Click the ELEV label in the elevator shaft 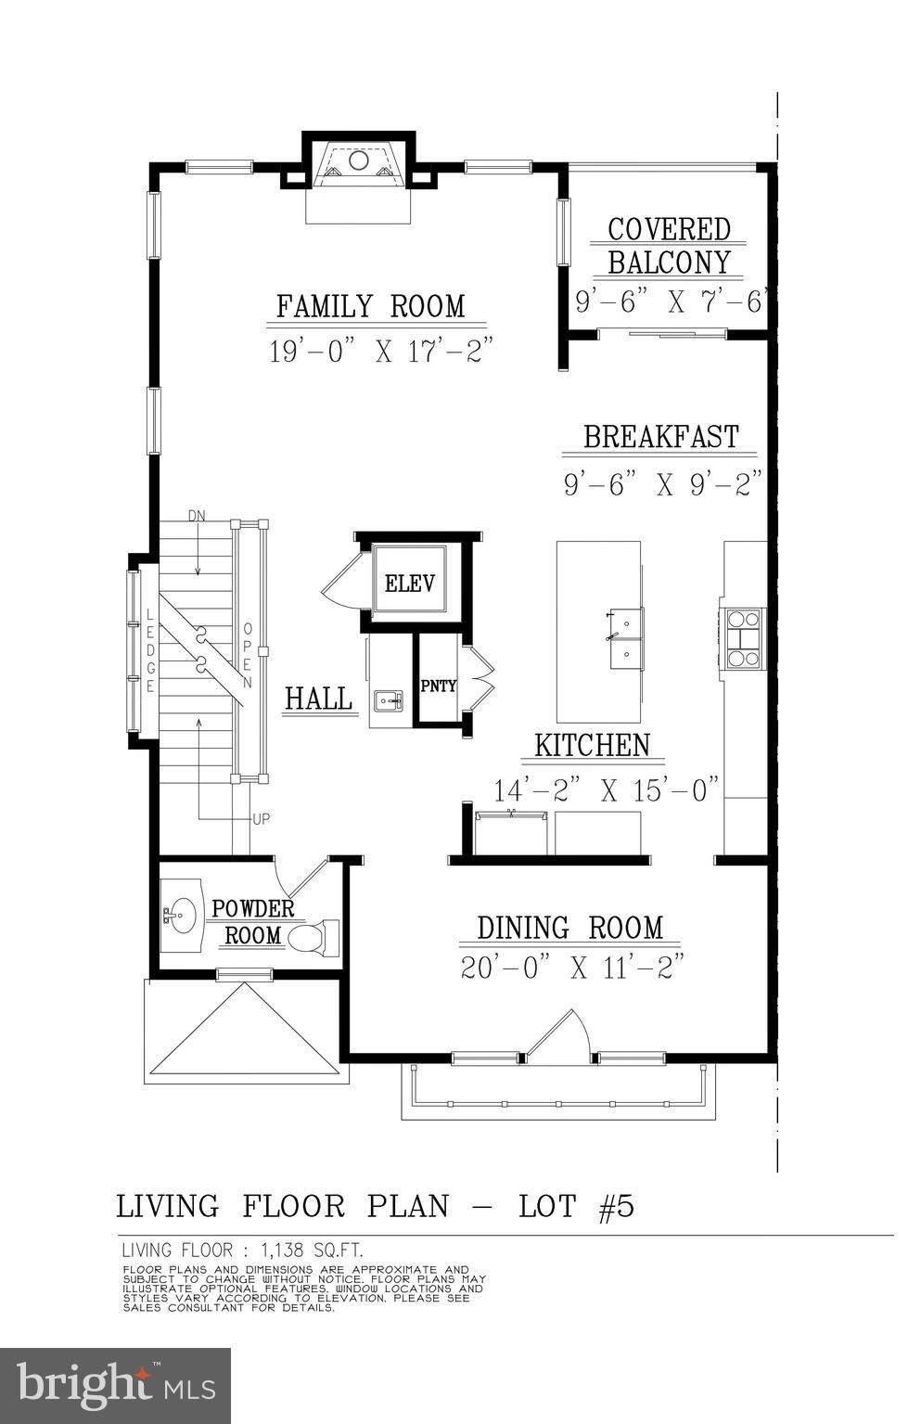pos(409,583)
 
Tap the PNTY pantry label pos(439,686)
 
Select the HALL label pos(318,698)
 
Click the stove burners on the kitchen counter pos(743,637)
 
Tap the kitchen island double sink pos(626,638)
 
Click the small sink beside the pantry pos(388,700)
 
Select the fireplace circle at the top pos(359,160)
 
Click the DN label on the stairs pos(197,516)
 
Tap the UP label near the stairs pos(261,819)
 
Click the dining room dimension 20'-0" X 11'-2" pos(572,968)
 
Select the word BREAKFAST pos(661,437)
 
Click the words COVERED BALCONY pos(670,246)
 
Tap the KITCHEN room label pos(593,746)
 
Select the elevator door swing pos(343,580)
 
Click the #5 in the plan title pos(617,1206)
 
